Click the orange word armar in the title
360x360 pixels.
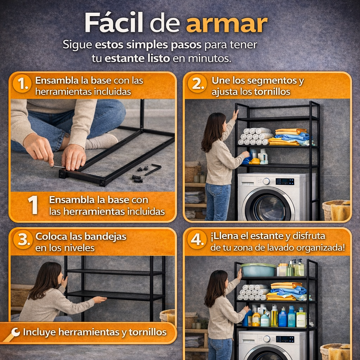(226, 24)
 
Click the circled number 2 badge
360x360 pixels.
(197, 84)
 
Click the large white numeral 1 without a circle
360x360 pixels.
(33, 205)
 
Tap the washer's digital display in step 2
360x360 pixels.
(285, 181)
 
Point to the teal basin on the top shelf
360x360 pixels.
(258, 270)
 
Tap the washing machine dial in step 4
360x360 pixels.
(267, 339)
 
